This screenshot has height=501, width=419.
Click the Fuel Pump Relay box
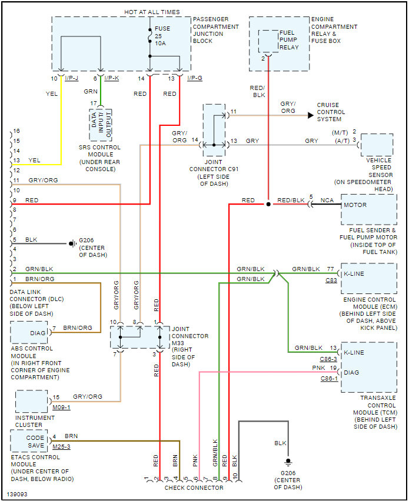tap(268, 41)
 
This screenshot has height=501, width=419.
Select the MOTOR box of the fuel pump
tap(369, 209)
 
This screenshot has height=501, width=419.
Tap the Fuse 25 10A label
tap(162, 36)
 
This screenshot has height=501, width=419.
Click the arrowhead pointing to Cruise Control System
tap(311, 115)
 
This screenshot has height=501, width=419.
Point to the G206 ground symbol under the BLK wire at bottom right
tap(288, 462)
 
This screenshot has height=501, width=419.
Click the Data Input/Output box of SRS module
tap(101, 125)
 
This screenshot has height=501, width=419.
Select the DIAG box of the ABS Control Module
tap(29, 332)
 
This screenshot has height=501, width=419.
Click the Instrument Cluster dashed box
tap(32, 401)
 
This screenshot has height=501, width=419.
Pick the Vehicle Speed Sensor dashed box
tap(377, 145)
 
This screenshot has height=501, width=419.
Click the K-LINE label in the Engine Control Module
tap(354, 274)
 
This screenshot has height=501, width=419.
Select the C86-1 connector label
tap(329, 379)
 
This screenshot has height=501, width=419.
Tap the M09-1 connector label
tap(61, 408)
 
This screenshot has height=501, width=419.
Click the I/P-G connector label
tap(195, 78)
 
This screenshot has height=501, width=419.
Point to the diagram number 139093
tap(17, 495)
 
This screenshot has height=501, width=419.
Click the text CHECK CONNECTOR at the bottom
tap(194, 488)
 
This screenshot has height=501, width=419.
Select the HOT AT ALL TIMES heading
tap(152, 12)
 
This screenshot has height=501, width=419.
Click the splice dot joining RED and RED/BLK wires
tap(268, 204)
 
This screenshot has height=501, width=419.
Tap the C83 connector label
tap(331, 280)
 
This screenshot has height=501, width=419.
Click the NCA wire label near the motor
tap(327, 201)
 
